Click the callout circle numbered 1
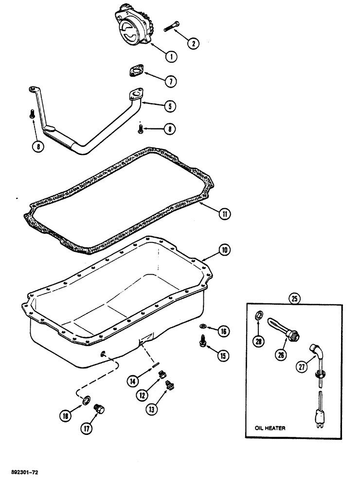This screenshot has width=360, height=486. [170, 56]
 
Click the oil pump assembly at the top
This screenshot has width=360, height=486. [132, 24]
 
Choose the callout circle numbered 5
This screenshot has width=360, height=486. [170, 105]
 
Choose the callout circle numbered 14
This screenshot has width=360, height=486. [133, 382]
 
